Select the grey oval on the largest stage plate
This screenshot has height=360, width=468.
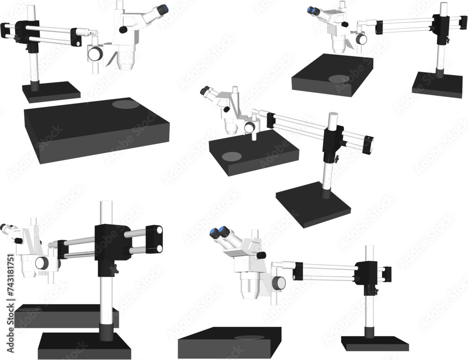(127, 104)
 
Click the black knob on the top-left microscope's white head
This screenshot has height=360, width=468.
(124, 30)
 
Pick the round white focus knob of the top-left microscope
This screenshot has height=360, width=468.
(96, 53)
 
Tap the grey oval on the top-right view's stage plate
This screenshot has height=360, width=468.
(339, 79)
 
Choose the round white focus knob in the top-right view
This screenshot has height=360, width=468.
(362, 39)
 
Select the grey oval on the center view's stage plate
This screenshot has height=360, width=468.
(232, 156)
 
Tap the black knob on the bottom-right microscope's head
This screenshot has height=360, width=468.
(262, 255)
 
